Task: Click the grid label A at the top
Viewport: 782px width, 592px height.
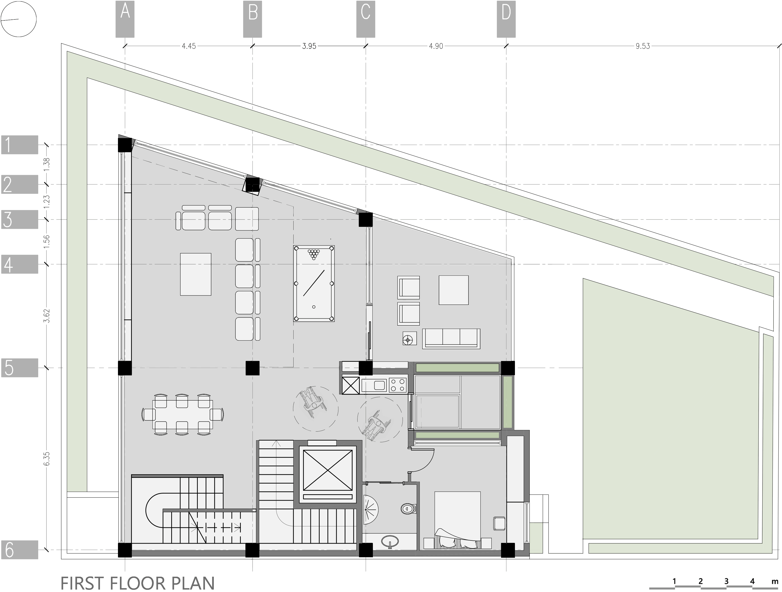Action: point(125,19)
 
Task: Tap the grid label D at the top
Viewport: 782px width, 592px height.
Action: point(506,19)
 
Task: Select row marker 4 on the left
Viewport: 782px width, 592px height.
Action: point(19,264)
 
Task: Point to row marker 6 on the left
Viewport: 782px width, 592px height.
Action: point(19,550)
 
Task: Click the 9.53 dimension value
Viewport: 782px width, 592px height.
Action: point(642,46)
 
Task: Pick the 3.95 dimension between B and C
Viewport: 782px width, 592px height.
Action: point(309,46)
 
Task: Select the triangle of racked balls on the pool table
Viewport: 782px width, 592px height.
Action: point(314,254)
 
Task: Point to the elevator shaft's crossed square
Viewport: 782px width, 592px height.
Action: point(328,470)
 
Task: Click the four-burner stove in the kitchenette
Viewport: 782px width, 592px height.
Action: point(398,385)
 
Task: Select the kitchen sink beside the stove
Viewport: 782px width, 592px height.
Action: point(374,385)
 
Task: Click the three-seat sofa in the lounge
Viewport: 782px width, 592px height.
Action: point(451,338)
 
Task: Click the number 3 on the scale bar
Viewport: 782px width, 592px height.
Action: point(726,581)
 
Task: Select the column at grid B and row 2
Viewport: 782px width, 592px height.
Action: point(252,185)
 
